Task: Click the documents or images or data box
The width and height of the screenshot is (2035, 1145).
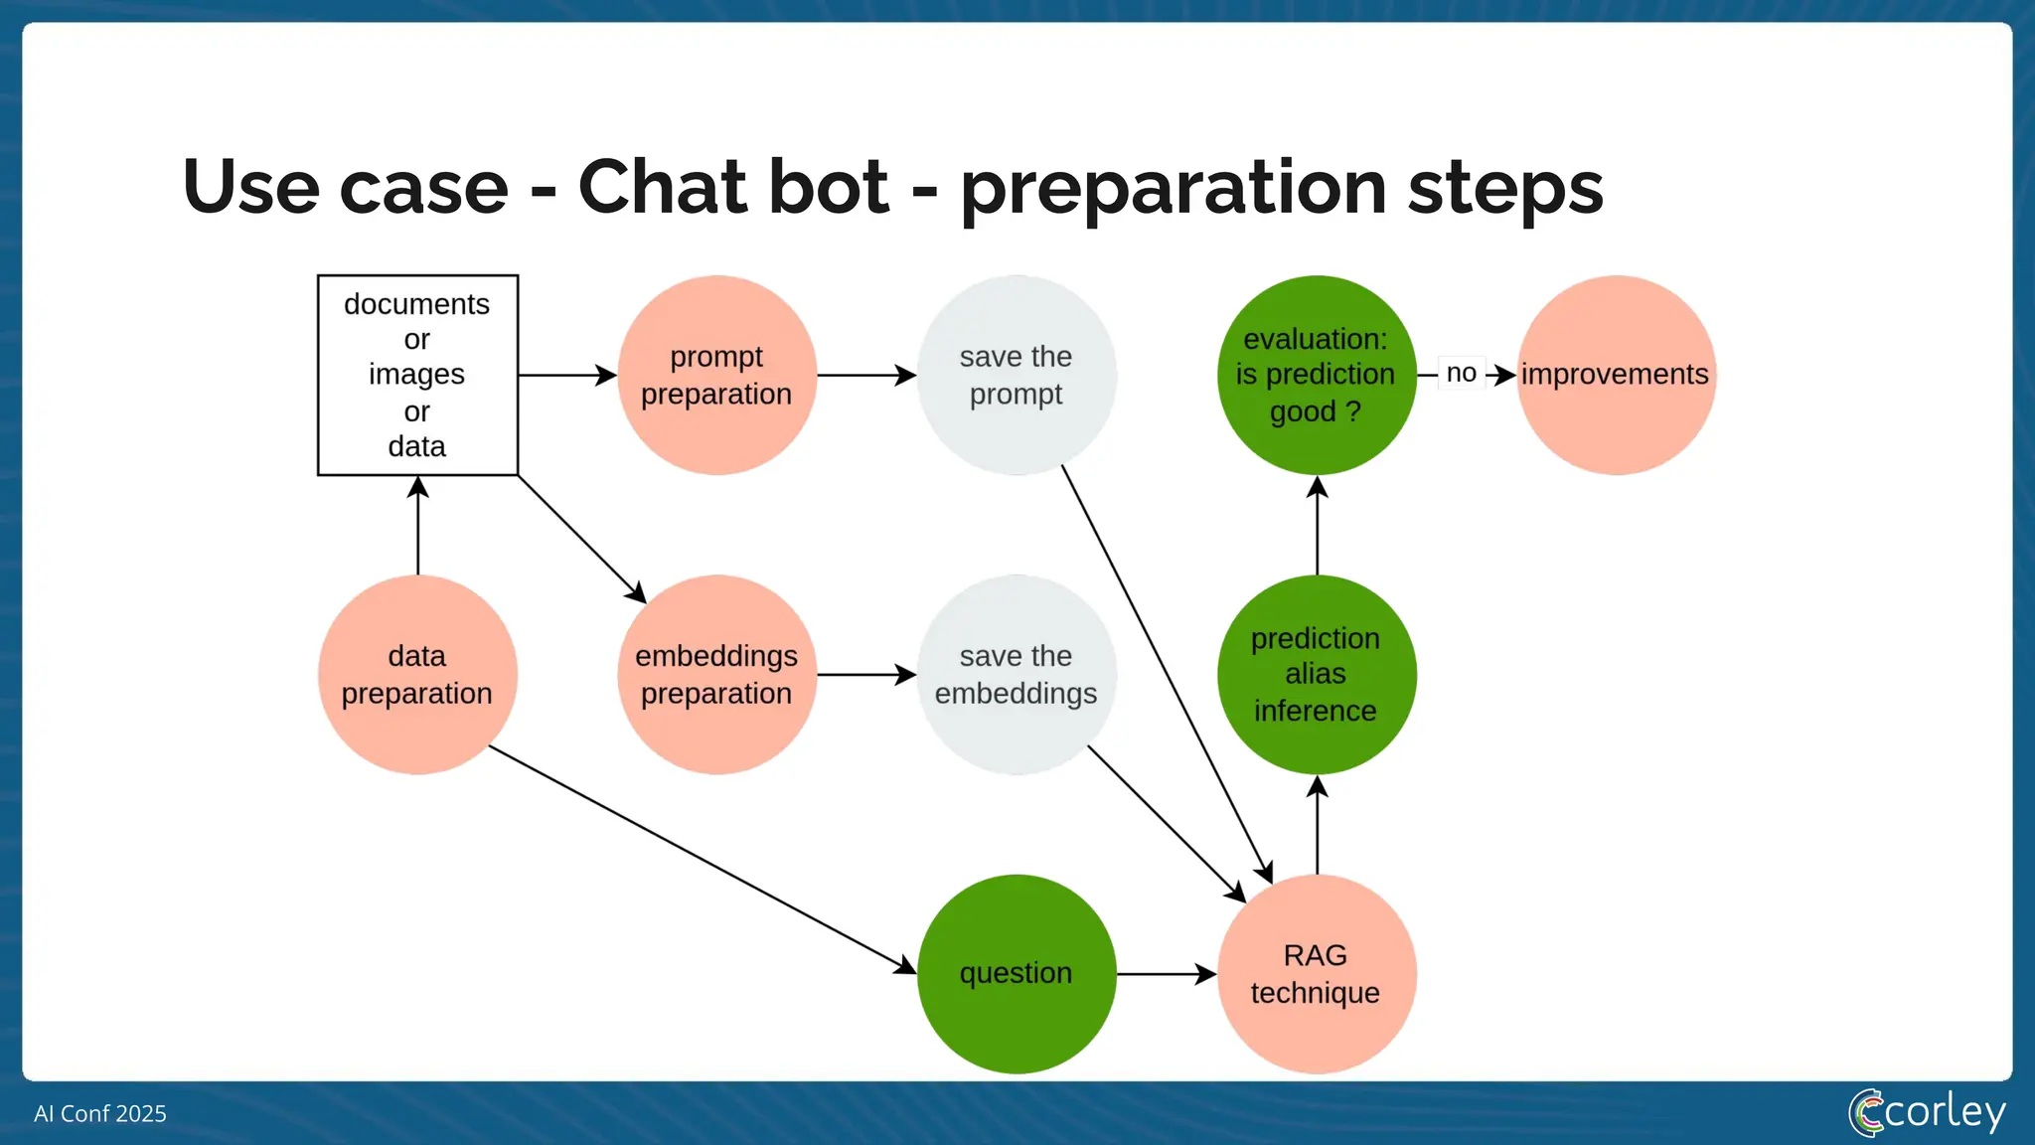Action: [417, 375]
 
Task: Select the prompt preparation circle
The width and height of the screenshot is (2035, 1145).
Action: [716, 375]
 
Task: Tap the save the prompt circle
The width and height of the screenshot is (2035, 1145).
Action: [1016, 375]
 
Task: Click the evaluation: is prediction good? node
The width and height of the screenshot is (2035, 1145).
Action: [1316, 375]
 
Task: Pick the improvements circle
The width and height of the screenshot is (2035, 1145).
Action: [1616, 375]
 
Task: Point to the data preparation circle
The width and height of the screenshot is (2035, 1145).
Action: [417, 675]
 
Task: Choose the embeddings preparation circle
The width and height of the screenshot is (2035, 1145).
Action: [716, 675]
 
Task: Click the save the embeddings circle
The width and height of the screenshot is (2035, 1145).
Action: [1016, 675]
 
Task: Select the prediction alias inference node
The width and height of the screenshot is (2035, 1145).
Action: [1316, 675]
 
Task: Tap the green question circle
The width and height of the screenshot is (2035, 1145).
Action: [1016, 974]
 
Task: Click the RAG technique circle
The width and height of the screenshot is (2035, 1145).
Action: [1316, 974]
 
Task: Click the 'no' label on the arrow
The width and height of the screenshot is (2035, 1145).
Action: [1461, 374]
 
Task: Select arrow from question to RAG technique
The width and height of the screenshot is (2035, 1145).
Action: [1167, 974]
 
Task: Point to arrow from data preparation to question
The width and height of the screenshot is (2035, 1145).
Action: [702, 860]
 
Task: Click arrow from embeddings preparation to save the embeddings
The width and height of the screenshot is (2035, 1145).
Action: [865, 675]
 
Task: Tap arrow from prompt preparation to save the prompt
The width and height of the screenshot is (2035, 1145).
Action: [865, 375]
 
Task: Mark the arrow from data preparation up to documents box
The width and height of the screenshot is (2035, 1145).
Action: [417, 527]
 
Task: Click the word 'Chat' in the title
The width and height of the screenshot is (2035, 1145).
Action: [732, 187]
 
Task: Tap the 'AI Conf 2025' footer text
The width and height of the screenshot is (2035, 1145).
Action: [100, 1113]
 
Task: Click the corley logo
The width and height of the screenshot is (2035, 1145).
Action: [1927, 1112]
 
